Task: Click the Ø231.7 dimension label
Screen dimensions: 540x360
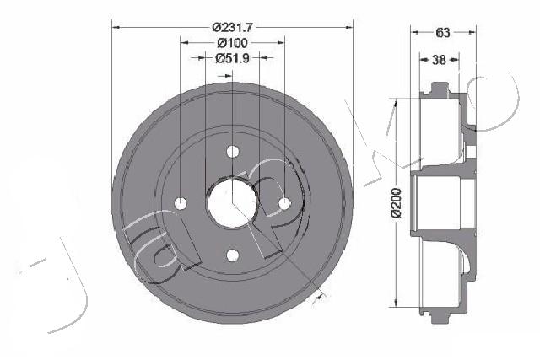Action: pyautogui.click(x=233, y=27)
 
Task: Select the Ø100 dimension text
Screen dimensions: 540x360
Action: pyautogui.click(x=233, y=43)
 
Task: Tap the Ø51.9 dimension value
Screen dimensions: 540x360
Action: pyautogui.click(x=233, y=58)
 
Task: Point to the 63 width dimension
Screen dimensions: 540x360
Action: pyautogui.click(x=443, y=32)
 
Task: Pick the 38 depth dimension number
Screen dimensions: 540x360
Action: pyautogui.click(x=439, y=60)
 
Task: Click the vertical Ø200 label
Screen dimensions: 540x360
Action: pyautogui.click(x=397, y=202)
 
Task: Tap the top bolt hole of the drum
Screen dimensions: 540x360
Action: pyautogui.click(x=233, y=152)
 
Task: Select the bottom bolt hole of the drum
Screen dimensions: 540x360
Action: pyautogui.click(x=233, y=255)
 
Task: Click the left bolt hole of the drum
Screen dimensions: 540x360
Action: pyautogui.click(x=181, y=203)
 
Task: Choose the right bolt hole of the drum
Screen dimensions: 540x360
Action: pyautogui.click(x=285, y=204)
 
